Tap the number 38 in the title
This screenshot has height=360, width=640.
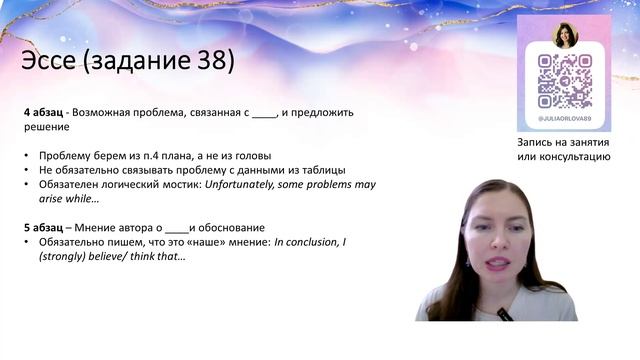212,61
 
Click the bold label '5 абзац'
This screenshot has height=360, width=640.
46,228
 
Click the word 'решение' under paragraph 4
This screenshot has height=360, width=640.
46,127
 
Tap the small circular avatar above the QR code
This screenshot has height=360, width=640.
565,35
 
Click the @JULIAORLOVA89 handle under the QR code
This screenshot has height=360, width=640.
565,119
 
